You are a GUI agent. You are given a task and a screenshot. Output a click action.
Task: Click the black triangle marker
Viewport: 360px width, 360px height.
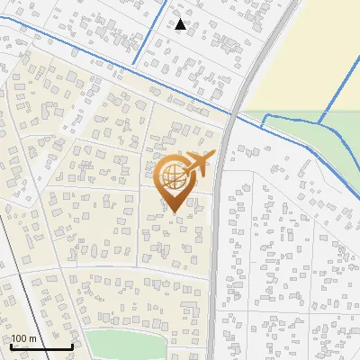pos(181,24)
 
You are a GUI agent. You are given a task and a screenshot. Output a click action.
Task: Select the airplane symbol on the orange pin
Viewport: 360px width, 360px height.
pos(199,164)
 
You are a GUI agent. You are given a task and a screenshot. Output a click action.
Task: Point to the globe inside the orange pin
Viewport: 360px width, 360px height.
pos(174,177)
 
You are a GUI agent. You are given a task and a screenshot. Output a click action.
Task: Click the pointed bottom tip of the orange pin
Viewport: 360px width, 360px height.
pos(173,212)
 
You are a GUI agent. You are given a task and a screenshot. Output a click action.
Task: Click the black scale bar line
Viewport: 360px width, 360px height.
pos(41,346)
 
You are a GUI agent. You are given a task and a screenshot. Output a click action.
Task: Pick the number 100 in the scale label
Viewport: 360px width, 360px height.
pos(20,338)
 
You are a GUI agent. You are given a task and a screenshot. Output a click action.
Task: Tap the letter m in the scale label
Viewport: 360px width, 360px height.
pos(32,338)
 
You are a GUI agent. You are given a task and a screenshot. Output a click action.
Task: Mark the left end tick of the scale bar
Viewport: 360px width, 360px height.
pos(11,345)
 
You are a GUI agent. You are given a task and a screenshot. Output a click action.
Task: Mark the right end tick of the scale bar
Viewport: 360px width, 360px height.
pos(72,345)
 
